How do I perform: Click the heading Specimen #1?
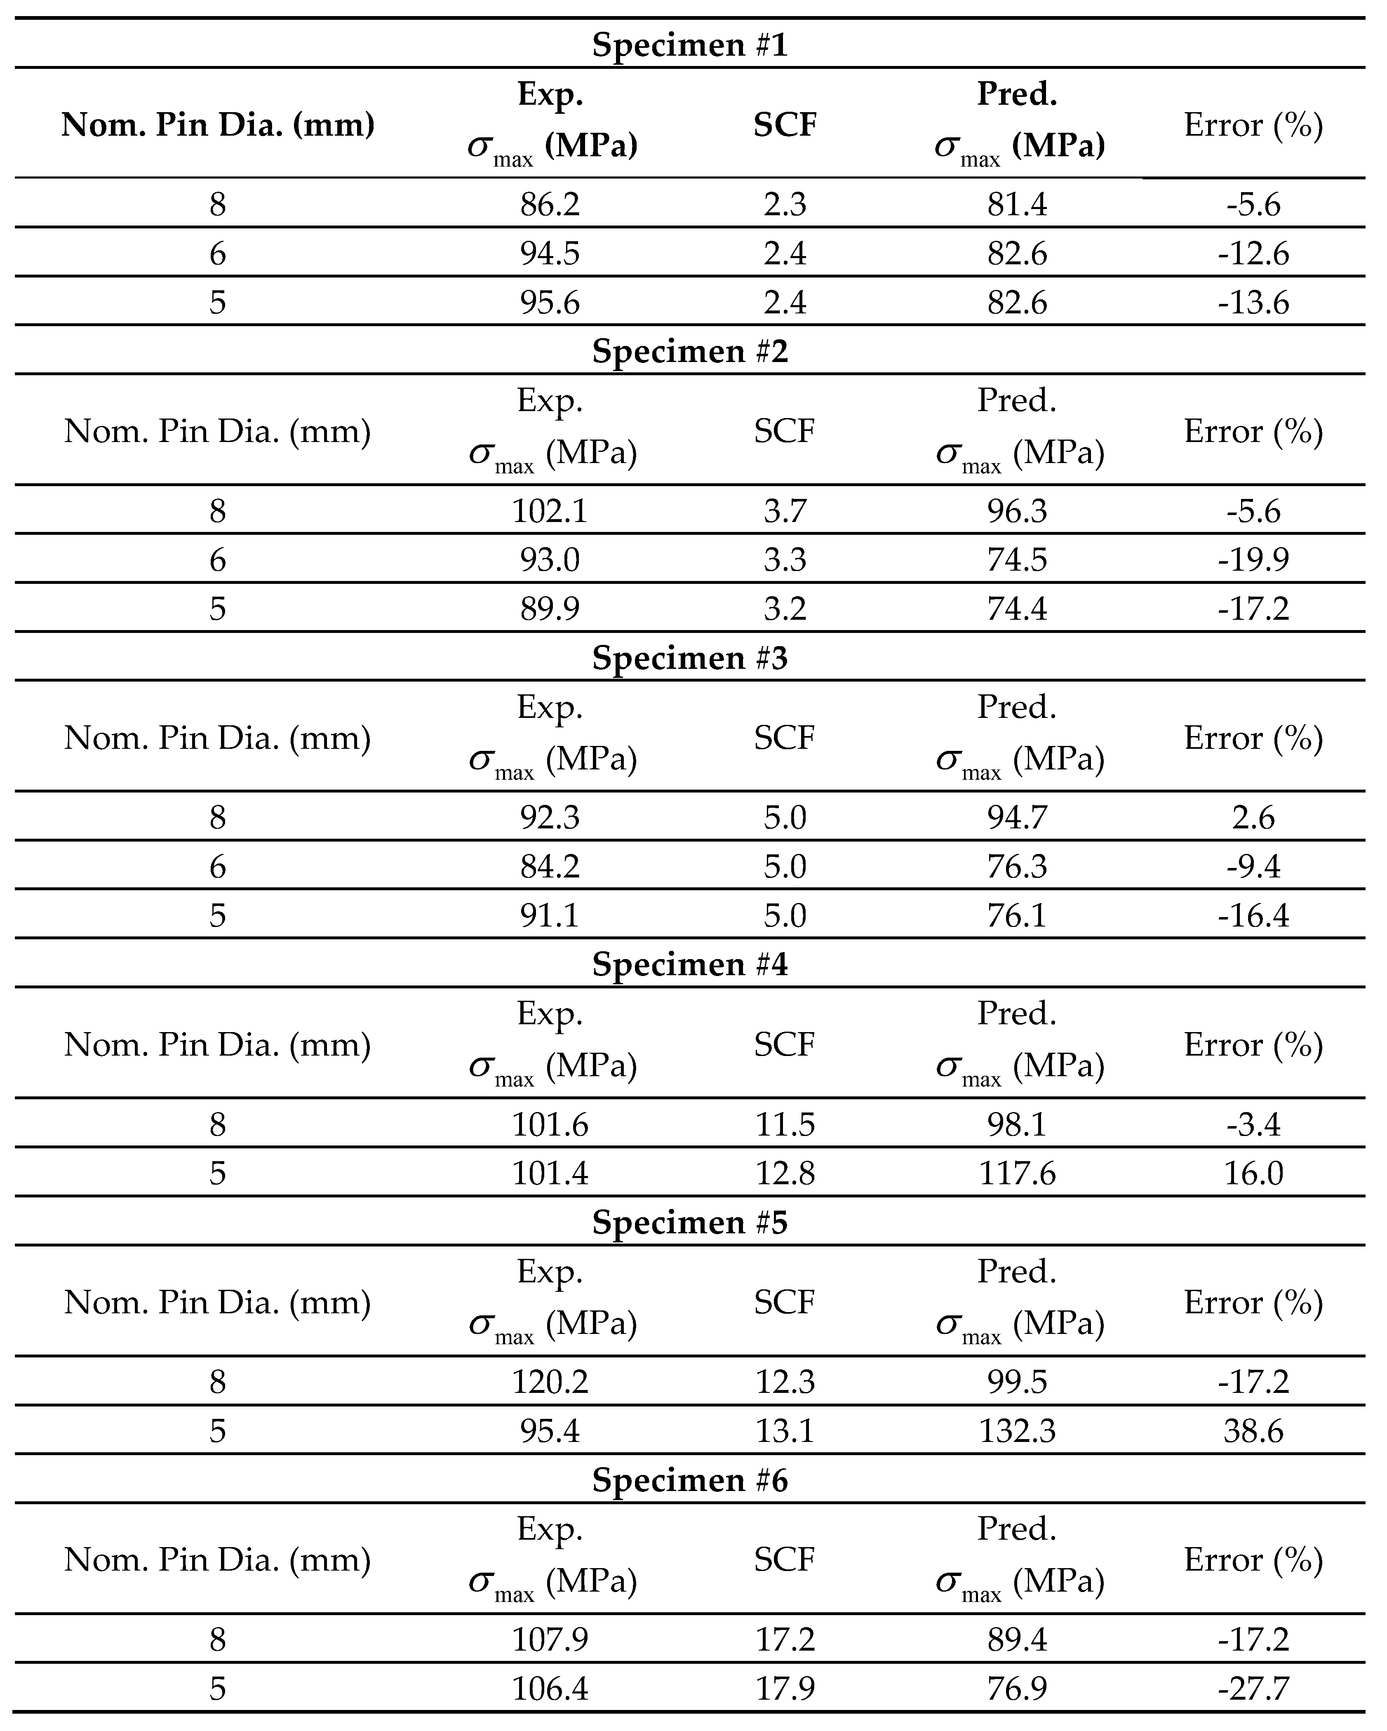[x=690, y=45]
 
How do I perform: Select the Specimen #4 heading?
[x=690, y=964]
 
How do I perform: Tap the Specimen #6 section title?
[x=690, y=1480]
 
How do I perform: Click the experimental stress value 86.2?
[x=550, y=205]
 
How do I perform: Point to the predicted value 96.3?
[x=1017, y=511]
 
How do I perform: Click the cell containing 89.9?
[x=550, y=609]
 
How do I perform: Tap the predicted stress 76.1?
[x=1017, y=915]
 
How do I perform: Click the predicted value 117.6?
[x=1017, y=1174]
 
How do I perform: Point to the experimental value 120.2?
[x=550, y=1382]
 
